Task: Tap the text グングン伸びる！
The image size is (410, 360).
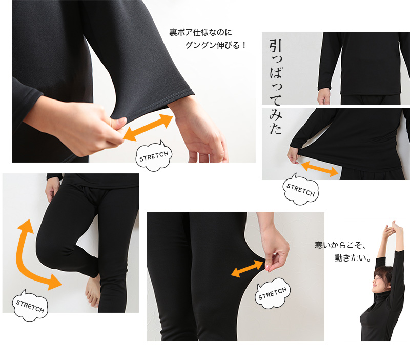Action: point(216,45)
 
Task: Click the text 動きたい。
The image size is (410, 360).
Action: point(353,258)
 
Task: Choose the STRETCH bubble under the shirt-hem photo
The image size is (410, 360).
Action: point(301,191)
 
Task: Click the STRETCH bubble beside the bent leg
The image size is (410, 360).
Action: point(30,306)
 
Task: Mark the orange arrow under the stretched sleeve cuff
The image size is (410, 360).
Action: point(148,127)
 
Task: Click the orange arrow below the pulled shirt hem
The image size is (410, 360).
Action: point(319,168)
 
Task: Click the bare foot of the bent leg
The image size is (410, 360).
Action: point(93,291)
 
